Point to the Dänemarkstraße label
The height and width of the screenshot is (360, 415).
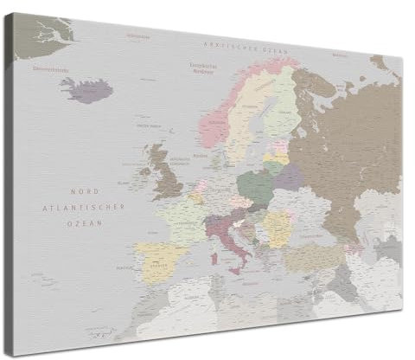pyautogui.click(x=50, y=67)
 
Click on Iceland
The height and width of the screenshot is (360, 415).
pyautogui.click(x=87, y=89)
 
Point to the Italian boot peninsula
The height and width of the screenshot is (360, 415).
pyautogui.click(x=231, y=241)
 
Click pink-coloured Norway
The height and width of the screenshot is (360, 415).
pyautogui.click(x=216, y=121)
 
